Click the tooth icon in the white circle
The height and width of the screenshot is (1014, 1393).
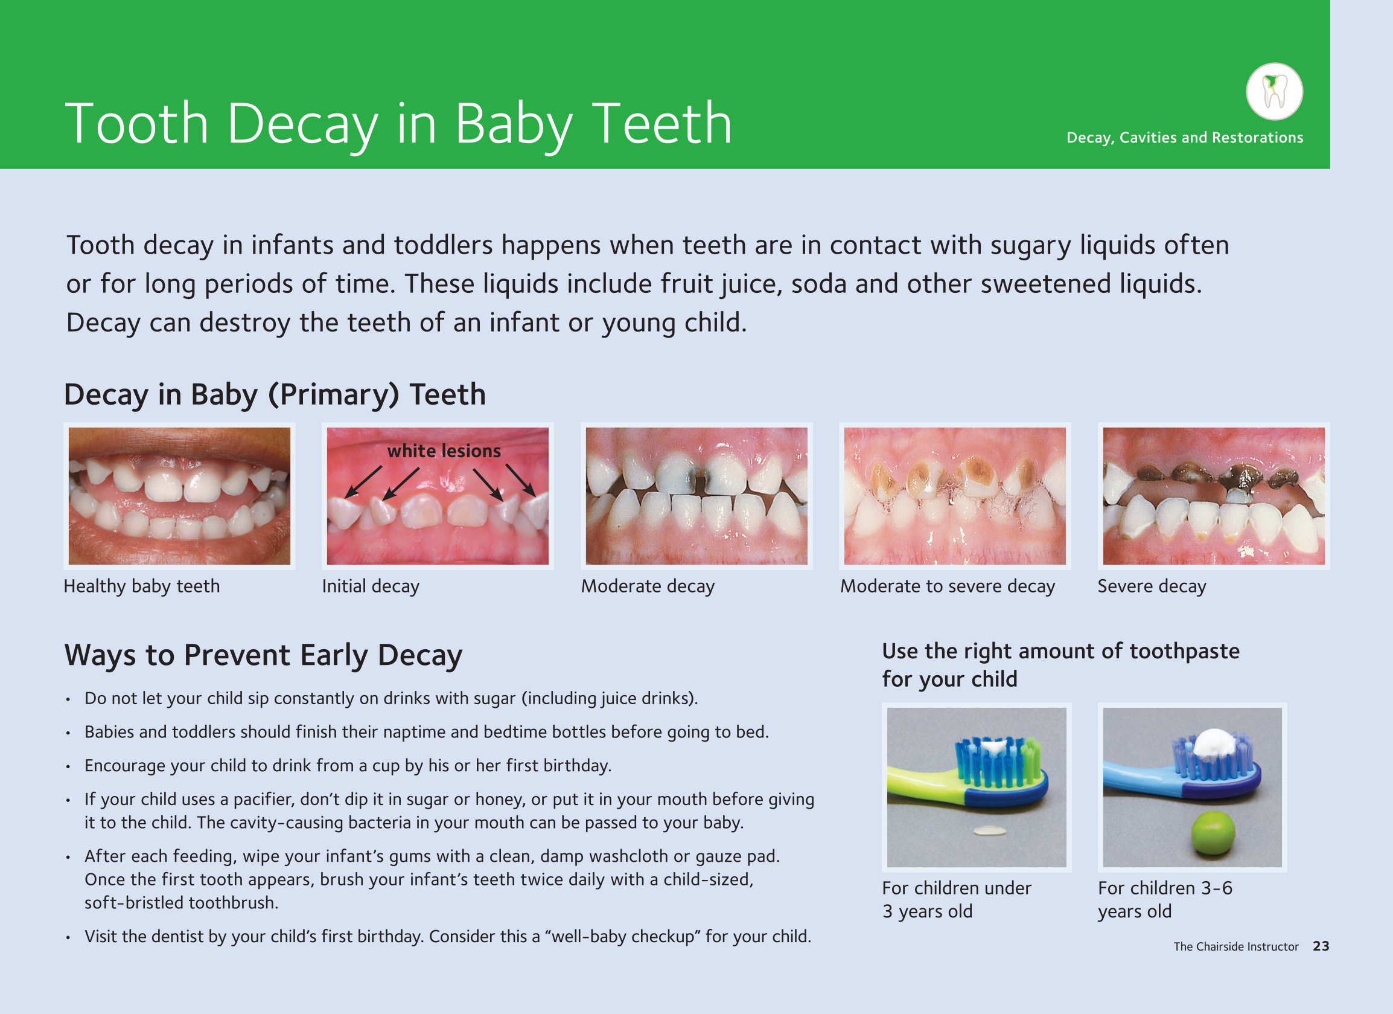pyautogui.click(x=1275, y=92)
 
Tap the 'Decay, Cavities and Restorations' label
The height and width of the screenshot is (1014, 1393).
pyautogui.click(x=1185, y=138)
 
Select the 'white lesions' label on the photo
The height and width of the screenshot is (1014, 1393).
pyautogui.click(x=444, y=451)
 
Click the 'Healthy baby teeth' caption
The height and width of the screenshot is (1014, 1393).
pyautogui.click(x=142, y=586)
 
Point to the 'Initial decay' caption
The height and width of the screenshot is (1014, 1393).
pyautogui.click(x=371, y=586)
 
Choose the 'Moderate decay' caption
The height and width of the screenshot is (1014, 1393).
pyautogui.click(x=648, y=586)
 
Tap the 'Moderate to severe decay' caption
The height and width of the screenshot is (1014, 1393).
pyautogui.click(x=948, y=586)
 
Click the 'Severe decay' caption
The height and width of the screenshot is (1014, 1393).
pyautogui.click(x=1152, y=586)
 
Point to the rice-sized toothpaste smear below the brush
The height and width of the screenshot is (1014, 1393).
pyautogui.click(x=989, y=832)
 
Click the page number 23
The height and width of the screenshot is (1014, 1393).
pyautogui.click(x=1321, y=946)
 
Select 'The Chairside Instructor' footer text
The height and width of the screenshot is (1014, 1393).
pyautogui.click(x=1235, y=946)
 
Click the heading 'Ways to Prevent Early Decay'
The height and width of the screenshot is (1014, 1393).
pyautogui.click(x=264, y=656)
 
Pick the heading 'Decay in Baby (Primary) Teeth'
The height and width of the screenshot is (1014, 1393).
pyautogui.click(x=275, y=394)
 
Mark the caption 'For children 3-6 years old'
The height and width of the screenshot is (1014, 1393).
pyautogui.click(x=1165, y=900)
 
